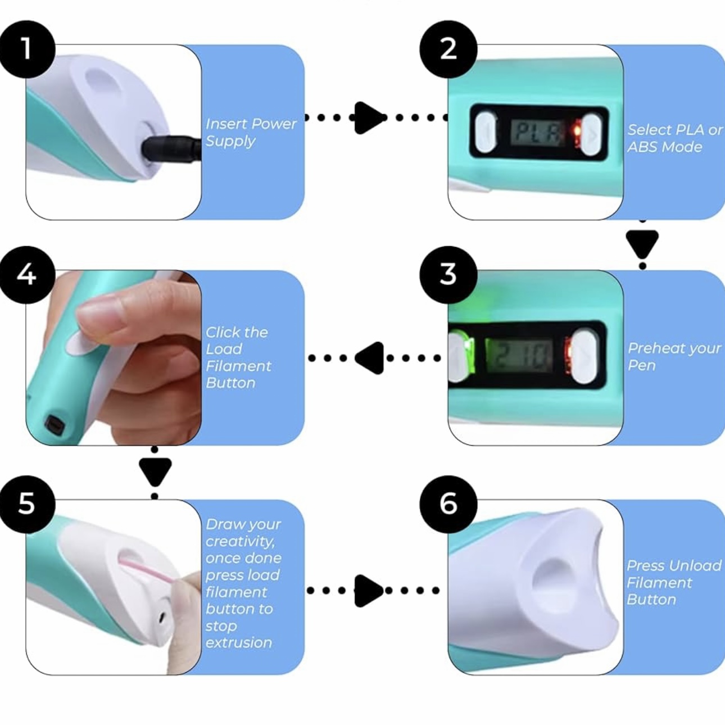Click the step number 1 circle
26,49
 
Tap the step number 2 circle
448,49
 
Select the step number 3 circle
448,275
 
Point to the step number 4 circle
26,275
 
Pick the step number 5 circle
26,503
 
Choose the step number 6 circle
448,503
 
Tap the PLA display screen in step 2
538,133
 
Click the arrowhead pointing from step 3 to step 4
370,357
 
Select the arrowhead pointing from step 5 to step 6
369,590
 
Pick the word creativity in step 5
239,541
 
